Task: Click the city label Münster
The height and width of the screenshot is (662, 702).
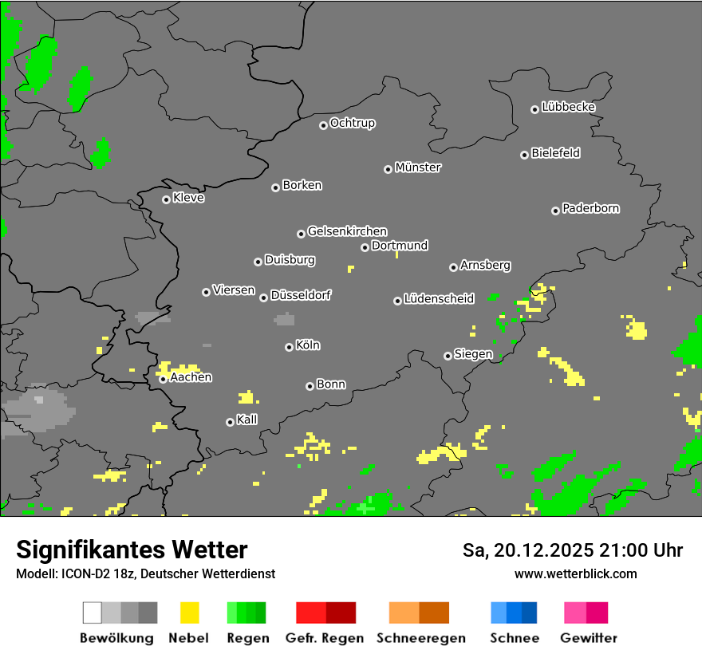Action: click(418, 167)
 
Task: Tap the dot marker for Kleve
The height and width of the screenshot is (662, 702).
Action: click(166, 199)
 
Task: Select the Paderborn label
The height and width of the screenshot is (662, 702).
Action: click(591, 208)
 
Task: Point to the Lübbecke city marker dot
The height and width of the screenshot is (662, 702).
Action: click(534, 109)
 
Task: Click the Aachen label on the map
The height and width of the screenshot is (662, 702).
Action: click(191, 377)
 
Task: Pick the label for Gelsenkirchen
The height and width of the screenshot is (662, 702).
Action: click(347, 231)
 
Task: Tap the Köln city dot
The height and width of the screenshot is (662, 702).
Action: click(289, 347)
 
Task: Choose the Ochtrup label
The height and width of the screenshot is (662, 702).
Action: click(353, 123)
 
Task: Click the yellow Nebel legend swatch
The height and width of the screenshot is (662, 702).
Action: click(189, 613)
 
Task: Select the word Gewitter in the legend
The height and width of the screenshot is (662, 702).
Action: click(589, 638)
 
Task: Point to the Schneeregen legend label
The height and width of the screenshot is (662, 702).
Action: click(421, 638)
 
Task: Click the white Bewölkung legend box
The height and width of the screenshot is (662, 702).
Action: click(93, 613)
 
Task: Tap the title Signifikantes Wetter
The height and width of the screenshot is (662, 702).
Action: click(132, 550)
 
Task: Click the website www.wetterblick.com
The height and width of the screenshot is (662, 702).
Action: click(575, 573)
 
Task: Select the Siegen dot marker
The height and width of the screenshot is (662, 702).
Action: click(448, 356)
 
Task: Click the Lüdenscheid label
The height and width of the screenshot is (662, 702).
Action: click(439, 299)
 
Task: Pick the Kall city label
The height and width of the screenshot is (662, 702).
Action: click(247, 420)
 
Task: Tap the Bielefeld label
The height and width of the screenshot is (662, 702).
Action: click(556, 153)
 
